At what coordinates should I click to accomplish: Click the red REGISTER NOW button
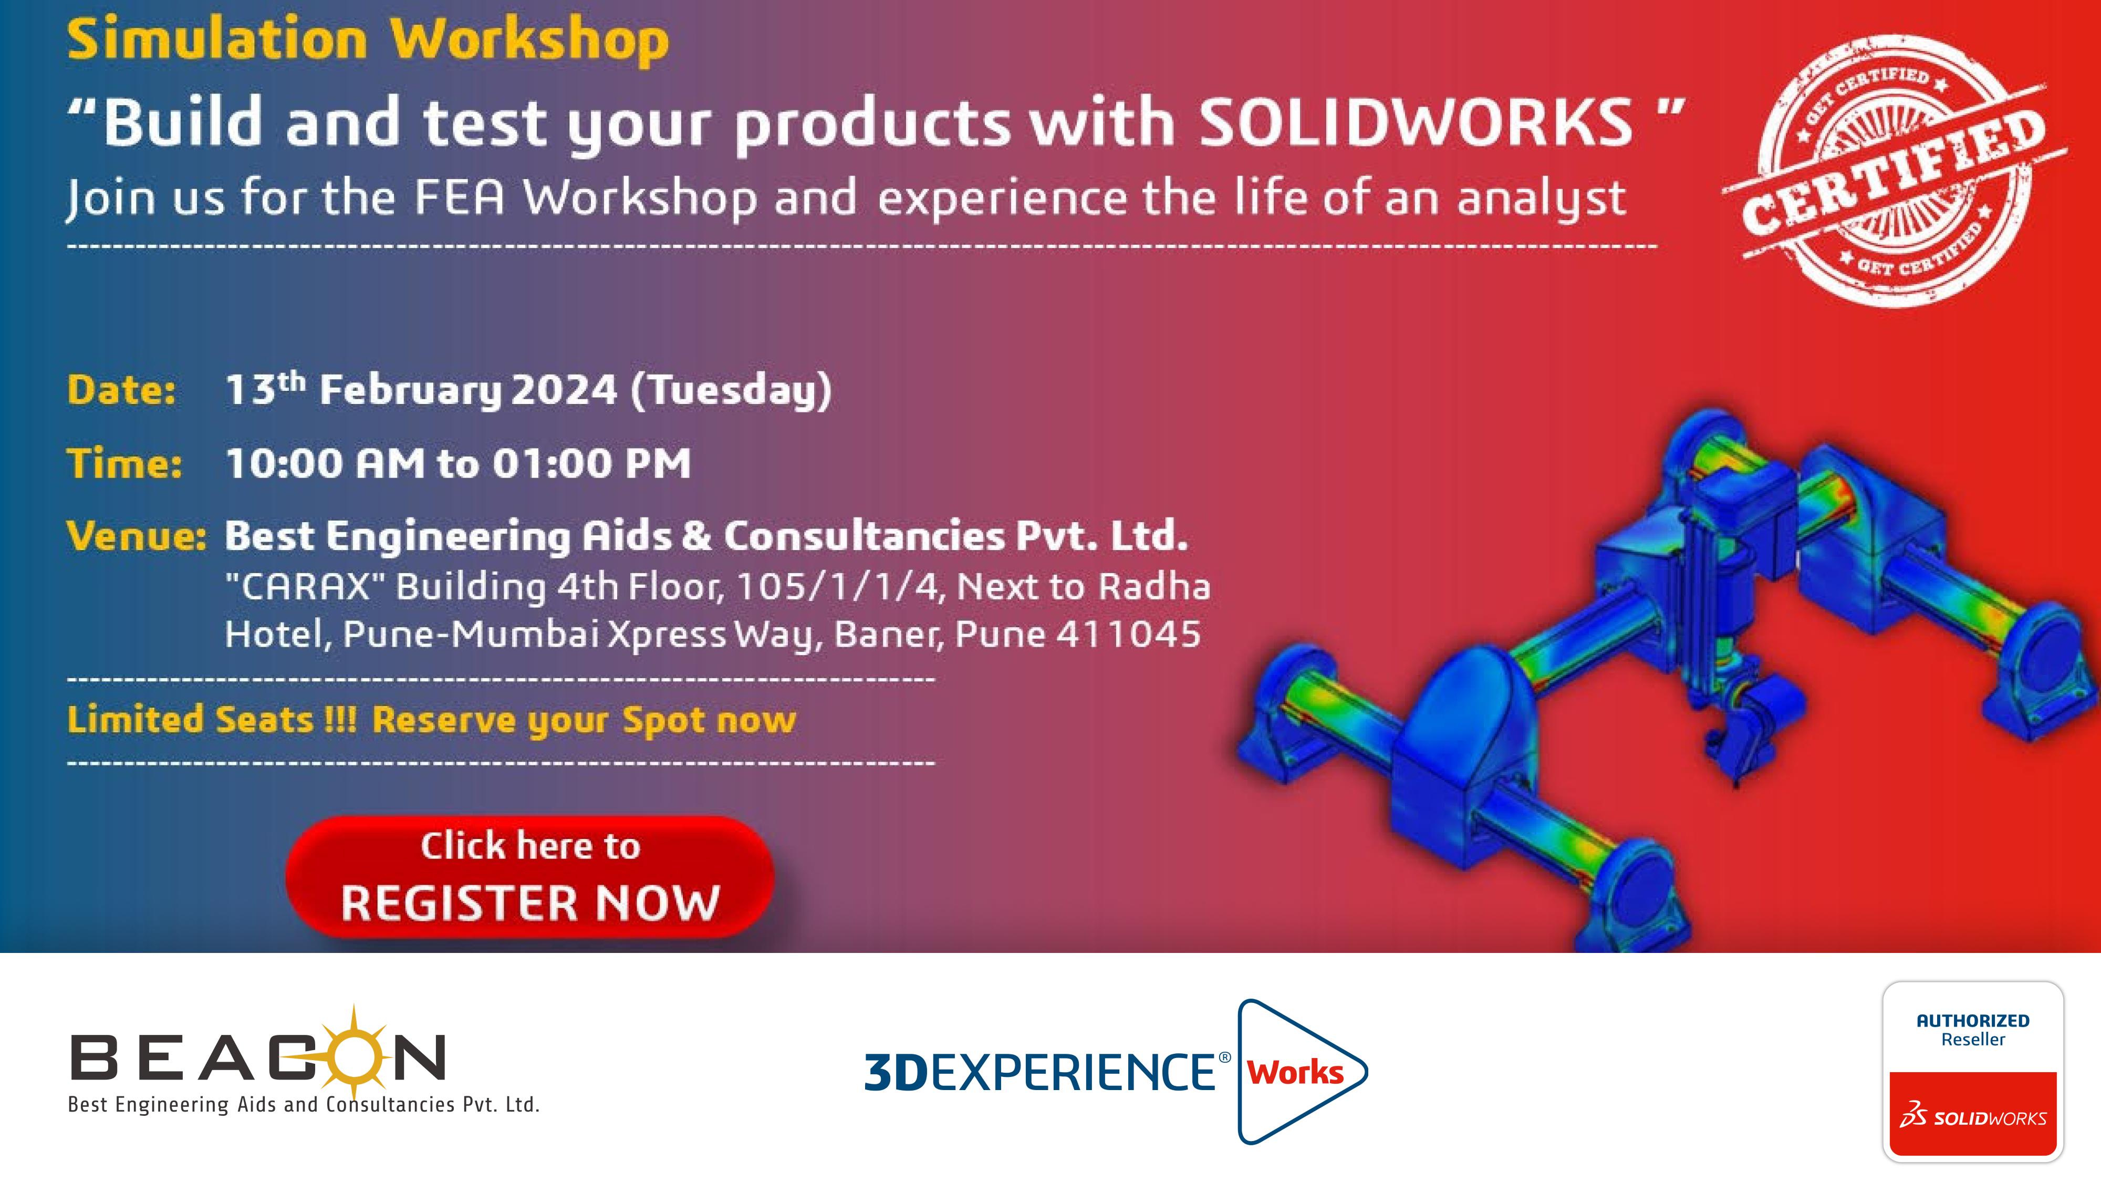pos(529,876)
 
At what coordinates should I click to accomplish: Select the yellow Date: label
pos(121,390)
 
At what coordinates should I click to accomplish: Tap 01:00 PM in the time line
pos(591,463)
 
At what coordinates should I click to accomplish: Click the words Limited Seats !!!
pos(212,720)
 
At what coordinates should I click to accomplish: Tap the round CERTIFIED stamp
pos(1894,171)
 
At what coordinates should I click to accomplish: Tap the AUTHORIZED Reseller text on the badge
pos(1973,1030)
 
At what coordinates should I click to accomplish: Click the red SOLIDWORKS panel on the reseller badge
pos(1973,1114)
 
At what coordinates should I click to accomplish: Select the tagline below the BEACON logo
pos(304,1104)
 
